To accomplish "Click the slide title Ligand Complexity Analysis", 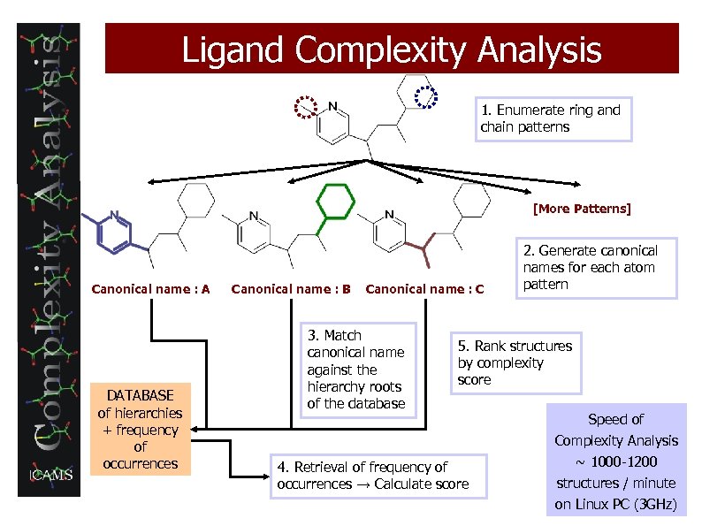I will click(392, 50).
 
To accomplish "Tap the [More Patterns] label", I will click(582, 210).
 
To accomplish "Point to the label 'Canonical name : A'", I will click(150, 288).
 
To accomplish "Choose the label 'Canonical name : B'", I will click(291, 288).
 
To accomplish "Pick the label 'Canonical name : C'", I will click(424, 288).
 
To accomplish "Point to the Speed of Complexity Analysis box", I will click(615, 461).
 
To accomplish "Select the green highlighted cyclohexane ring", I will click(334, 202).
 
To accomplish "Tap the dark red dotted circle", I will click(306, 106).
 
